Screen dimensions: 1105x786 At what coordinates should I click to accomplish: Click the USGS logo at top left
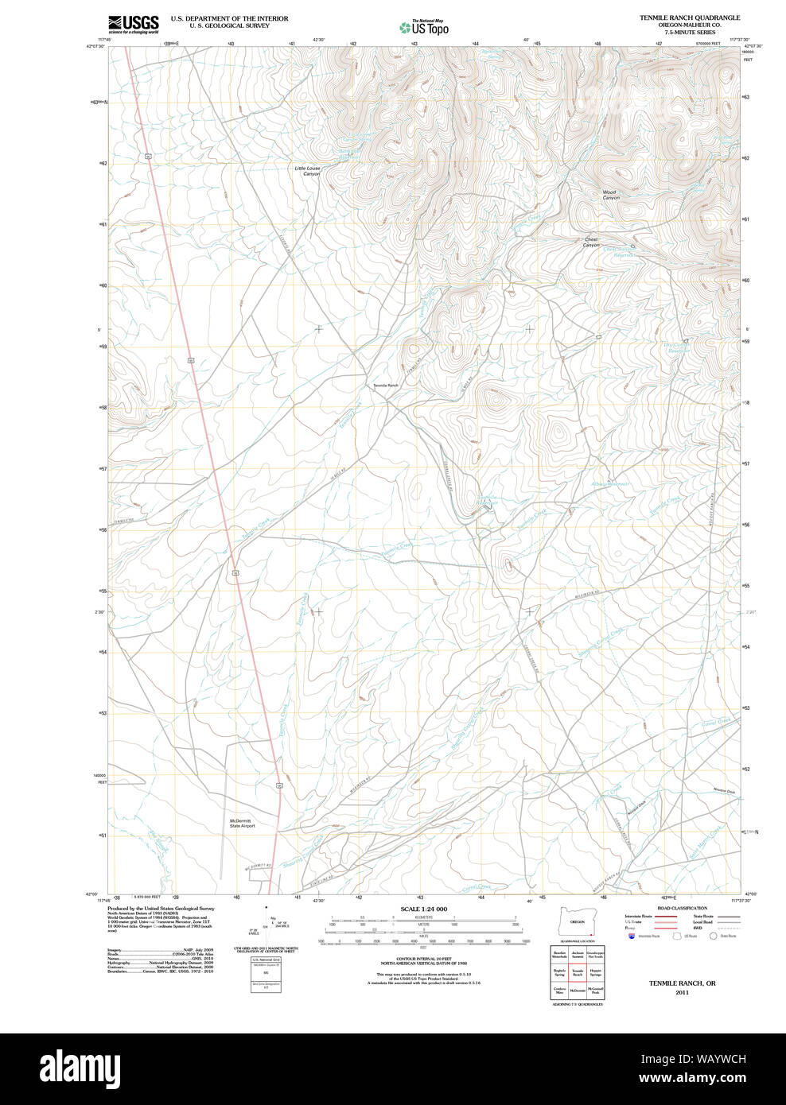[x=134, y=24]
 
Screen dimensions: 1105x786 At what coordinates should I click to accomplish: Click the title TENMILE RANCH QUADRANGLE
[x=690, y=17]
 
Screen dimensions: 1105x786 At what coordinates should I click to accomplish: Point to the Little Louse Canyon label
[x=307, y=171]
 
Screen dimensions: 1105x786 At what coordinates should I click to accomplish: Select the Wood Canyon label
[x=609, y=195]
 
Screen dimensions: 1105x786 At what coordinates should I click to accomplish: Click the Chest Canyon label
[x=591, y=242]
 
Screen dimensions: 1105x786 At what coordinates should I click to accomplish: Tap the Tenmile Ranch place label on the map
[x=386, y=386]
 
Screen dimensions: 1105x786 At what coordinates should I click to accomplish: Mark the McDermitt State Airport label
[x=243, y=823]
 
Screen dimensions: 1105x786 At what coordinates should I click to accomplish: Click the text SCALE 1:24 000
[x=423, y=909]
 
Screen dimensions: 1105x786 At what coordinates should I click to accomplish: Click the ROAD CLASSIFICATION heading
[x=682, y=908]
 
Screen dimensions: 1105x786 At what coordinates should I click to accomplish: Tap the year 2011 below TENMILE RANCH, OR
[x=682, y=992]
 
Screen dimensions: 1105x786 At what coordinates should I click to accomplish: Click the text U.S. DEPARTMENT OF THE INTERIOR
[x=229, y=18]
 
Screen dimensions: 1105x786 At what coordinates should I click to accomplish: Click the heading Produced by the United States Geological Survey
[x=161, y=908]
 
